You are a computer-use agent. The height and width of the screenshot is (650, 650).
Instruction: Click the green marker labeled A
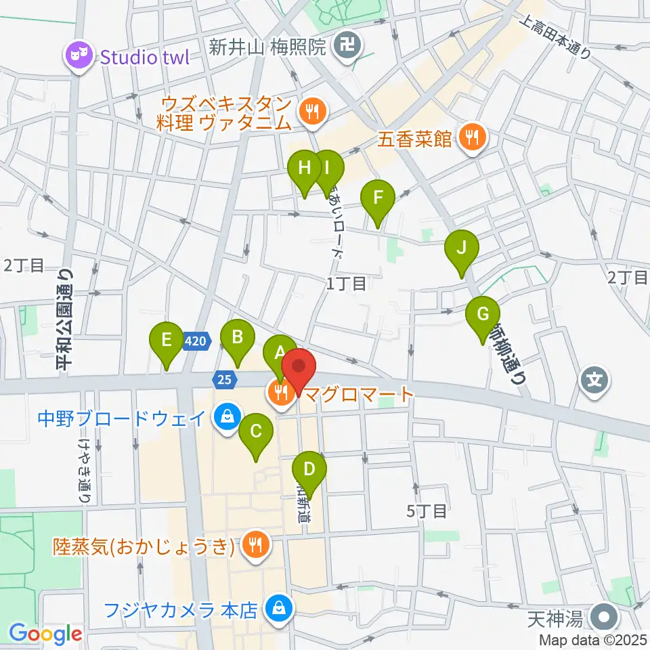coord(279,353)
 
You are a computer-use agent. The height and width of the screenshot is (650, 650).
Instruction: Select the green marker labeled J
coord(462,250)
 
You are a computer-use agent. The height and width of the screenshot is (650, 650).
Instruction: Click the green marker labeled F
coord(378,200)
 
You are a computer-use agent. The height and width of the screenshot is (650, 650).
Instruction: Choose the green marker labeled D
coord(309,471)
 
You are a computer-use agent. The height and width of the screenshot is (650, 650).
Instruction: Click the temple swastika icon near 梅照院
coord(349,47)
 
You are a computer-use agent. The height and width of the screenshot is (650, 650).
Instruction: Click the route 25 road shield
coord(225,379)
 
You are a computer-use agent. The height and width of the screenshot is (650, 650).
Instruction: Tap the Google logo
coord(45,634)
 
